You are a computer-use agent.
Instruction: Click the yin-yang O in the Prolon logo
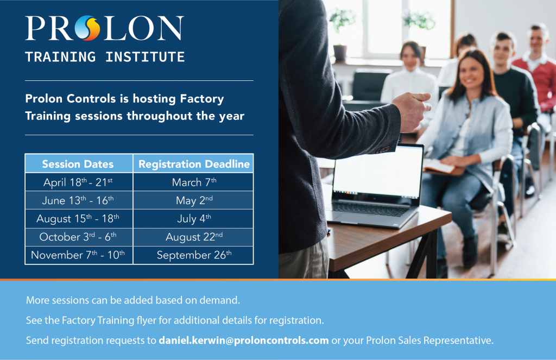tap(87, 28)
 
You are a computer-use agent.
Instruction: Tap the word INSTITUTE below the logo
tap(145, 57)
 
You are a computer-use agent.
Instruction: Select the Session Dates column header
tap(78, 164)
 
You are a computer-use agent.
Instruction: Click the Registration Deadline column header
tap(194, 164)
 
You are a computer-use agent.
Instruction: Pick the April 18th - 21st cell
tap(78, 182)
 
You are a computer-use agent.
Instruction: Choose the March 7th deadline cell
tap(194, 182)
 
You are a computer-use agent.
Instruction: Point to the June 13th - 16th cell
tap(78, 200)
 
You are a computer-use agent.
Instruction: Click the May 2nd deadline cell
tap(194, 200)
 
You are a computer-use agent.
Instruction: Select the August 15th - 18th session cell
tap(78, 218)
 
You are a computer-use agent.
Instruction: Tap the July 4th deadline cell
tap(194, 218)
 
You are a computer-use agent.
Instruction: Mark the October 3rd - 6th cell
tap(78, 237)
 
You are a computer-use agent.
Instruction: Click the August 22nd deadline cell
tap(194, 237)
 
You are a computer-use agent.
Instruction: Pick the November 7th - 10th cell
tap(78, 255)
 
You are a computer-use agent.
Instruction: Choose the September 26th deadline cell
tap(194, 255)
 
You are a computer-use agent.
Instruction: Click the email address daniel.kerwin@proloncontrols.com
tap(244, 340)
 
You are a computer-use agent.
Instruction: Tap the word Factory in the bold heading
tap(202, 99)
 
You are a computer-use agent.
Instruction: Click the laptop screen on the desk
tap(378, 171)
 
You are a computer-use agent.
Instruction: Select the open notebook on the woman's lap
tap(439, 166)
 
